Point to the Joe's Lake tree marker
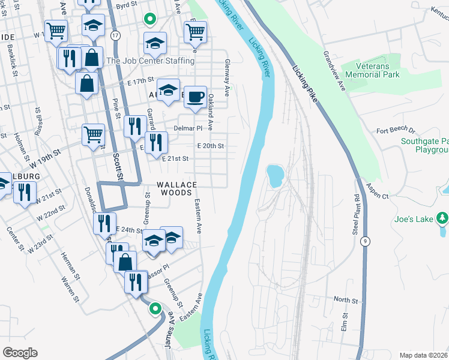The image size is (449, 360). pyautogui.click(x=442, y=217)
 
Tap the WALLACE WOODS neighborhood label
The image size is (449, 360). pyautogui.click(x=175, y=188)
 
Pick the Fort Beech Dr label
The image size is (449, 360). pyautogui.click(x=396, y=130)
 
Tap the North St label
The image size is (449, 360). pyautogui.click(x=345, y=299)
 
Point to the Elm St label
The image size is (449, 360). pyautogui.click(x=345, y=322)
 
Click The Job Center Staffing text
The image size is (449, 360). pyautogui.click(x=150, y=61)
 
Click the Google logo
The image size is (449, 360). pyautogui.click(x=20, y=352)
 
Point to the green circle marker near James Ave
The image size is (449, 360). pyautogui.click(x=155, y=309)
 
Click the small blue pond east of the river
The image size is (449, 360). pyautogui.click(x=274, y=175)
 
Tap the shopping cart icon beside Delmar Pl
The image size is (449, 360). pyautogui.click(x=93, y=135)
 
